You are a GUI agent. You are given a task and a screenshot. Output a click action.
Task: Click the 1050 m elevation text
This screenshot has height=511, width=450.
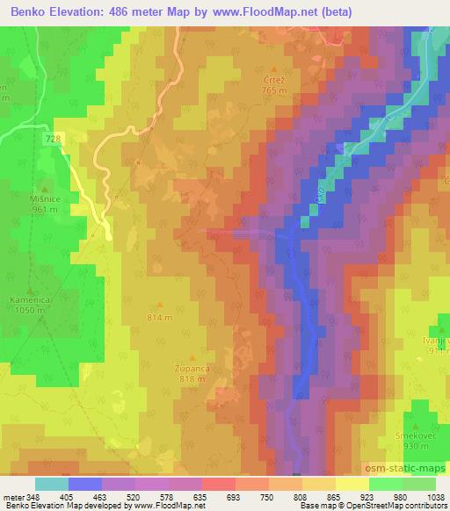(30, 310)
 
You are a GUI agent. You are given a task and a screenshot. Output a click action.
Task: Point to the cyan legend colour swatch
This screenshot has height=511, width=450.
(51, 484)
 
